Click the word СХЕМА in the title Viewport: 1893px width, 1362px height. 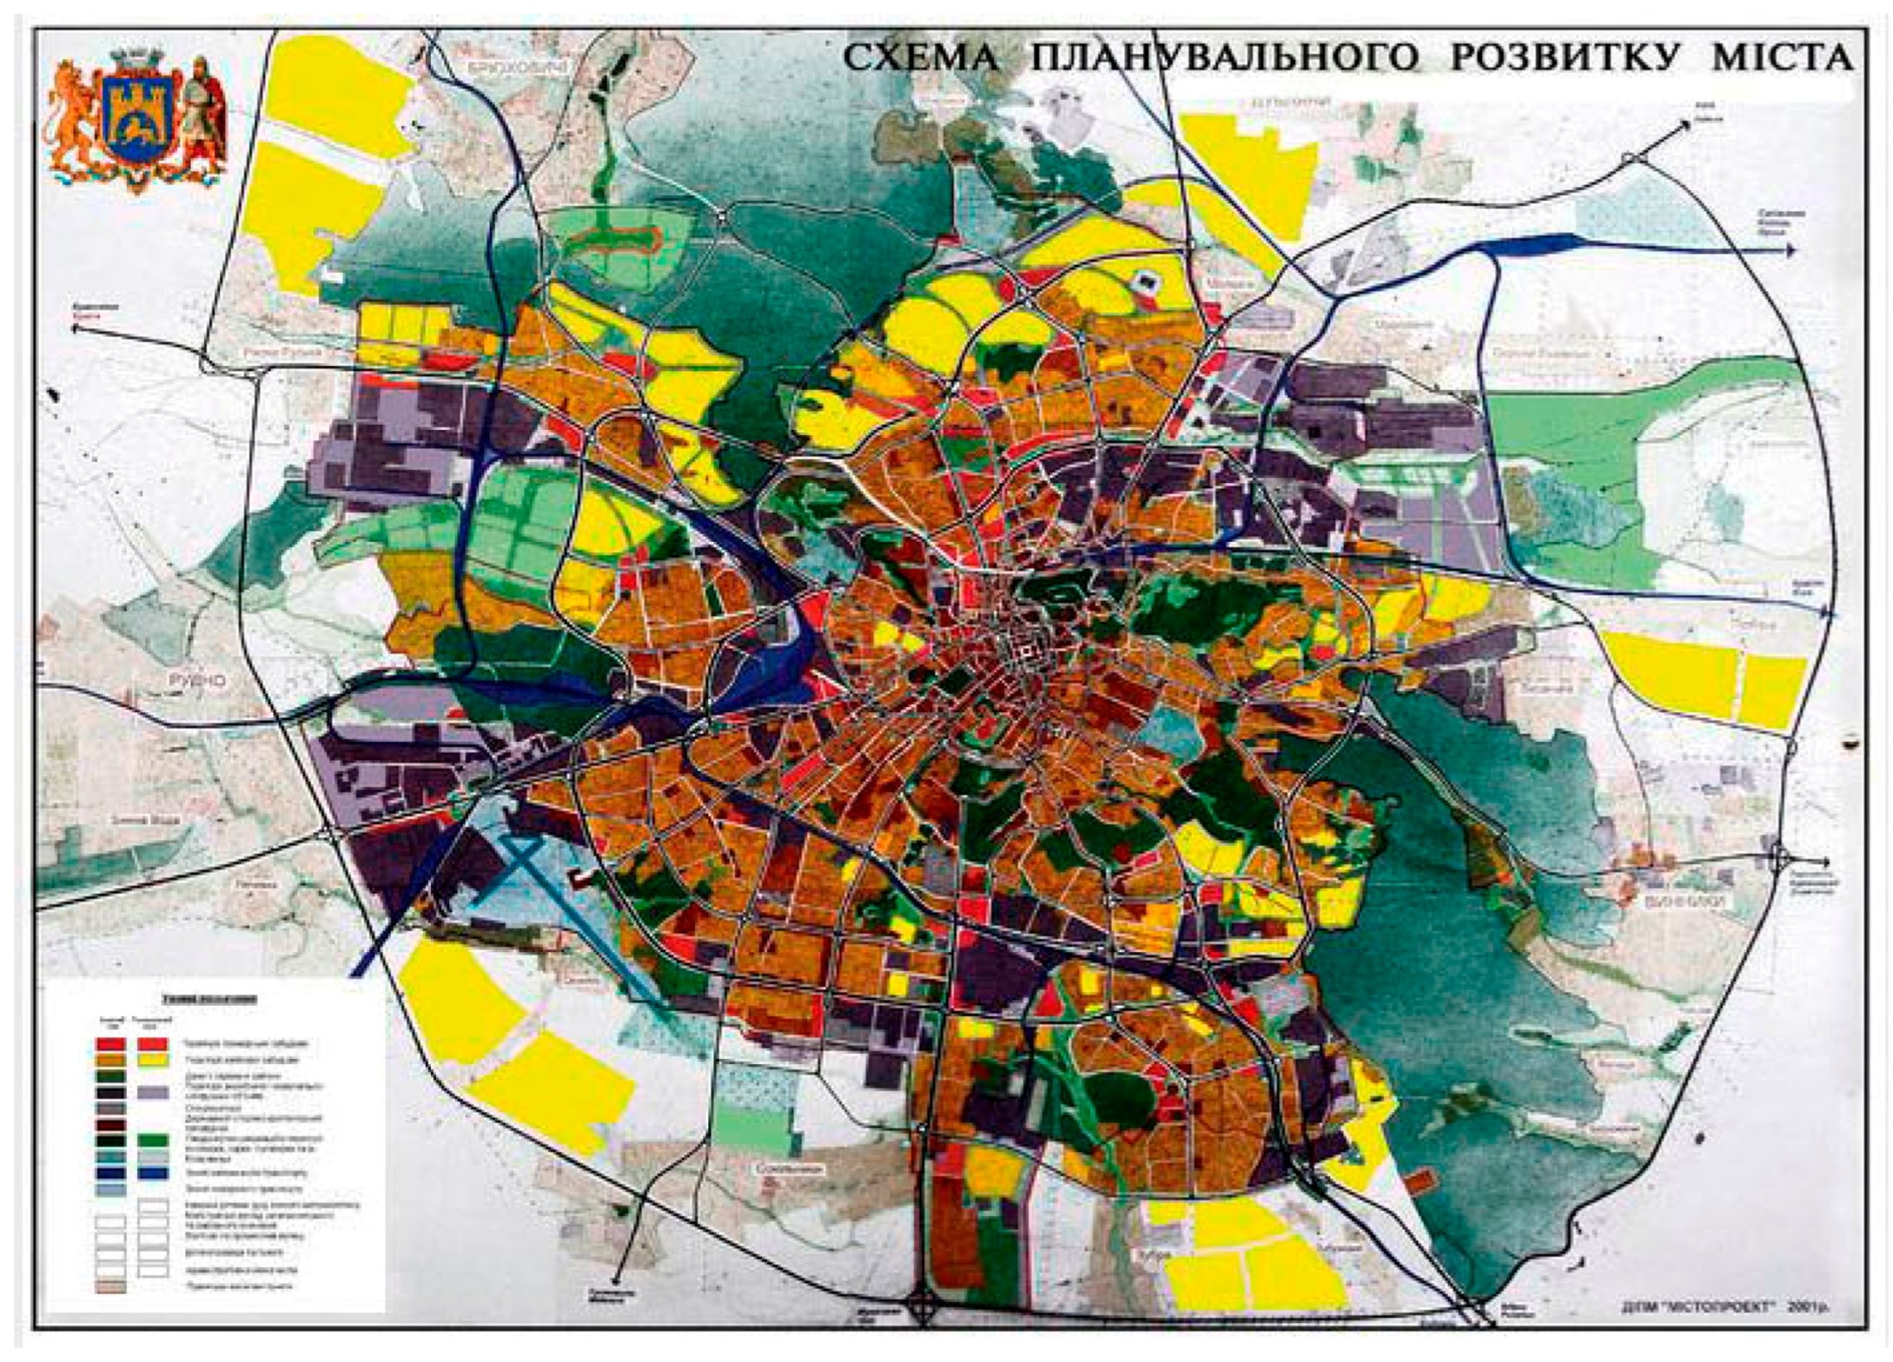pyautogui.click(x=921, y=58)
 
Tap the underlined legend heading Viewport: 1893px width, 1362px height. pyautogui.click(x=208, y=999)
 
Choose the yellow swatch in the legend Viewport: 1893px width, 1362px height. pyautogui.click(x=153, y=1059)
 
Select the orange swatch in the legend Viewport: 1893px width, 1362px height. pyautogui.click(x=111, y=1059)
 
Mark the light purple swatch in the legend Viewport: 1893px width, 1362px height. pyautogui.click(x=153, y=1092)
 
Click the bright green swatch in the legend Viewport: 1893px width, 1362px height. pyautogui.click(x=153, y=1140)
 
